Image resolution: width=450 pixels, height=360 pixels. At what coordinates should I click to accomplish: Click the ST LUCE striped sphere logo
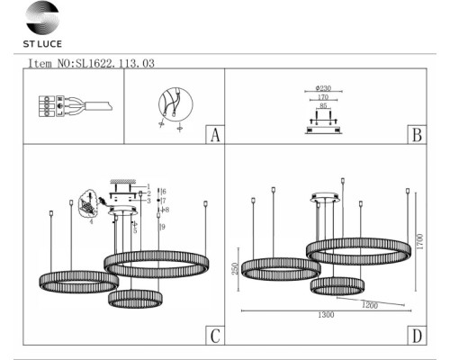tap(39, 18)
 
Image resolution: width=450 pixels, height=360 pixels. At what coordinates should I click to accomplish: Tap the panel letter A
tap(214, 136)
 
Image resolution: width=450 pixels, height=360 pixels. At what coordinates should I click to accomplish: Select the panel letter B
tap(416, 136)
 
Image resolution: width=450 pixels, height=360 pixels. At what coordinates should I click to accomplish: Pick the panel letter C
tap(214, 337)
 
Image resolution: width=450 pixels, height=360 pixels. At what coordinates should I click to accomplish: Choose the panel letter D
tap(416, 337)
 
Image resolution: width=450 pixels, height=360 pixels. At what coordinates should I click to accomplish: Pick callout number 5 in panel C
tap(135, 229)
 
